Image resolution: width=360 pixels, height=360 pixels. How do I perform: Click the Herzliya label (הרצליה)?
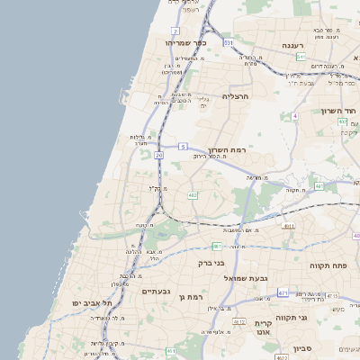pos(240,95)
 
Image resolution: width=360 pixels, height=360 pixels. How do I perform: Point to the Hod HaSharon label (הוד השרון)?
pos(339,112)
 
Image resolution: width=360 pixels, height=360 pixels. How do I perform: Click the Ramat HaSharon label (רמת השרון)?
pos(227,150)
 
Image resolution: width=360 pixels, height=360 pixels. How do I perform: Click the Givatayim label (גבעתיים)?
pos(157,292)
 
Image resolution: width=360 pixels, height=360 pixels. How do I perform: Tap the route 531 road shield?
pos(229,42)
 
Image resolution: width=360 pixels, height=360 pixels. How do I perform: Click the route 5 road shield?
pos(183,146)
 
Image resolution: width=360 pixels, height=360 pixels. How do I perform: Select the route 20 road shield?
pos(158,156)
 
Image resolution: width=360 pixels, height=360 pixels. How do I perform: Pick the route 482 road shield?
pos(192,195)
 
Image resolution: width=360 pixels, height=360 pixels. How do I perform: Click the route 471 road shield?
pos(283,293)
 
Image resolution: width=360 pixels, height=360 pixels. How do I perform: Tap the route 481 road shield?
pos(217,245)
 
